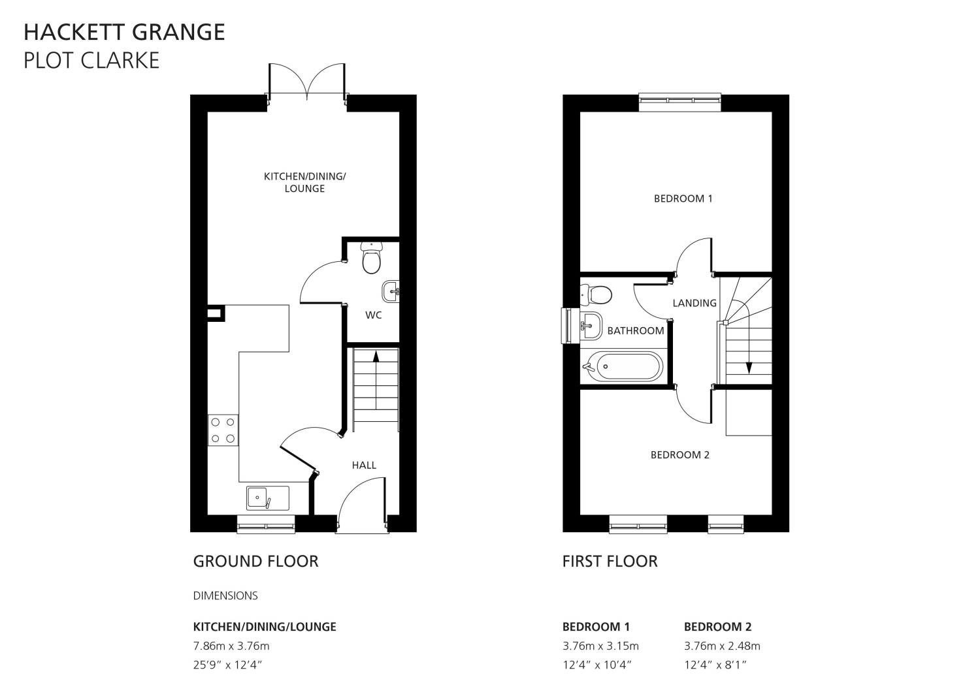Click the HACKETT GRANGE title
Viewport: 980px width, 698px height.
click(124, 33)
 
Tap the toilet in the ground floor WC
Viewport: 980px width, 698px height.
click(372, 258)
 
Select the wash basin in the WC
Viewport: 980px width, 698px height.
click(390, 292)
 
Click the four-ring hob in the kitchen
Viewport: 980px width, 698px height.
click(223, 430)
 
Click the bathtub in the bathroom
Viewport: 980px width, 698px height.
click(623, 366)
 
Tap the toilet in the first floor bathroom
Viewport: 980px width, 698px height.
click(595, 294)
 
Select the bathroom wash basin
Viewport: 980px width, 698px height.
click(591, 326)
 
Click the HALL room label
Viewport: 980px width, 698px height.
click(364, 466)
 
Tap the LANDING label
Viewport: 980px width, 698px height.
click(694, 303)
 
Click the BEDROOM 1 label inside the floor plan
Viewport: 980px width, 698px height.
click(683, 198)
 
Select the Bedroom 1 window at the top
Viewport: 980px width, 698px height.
click(680, 103)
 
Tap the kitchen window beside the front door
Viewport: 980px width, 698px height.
click(266, 524)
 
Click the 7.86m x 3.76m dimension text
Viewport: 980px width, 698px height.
click(231, 646)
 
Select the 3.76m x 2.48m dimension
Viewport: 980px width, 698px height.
click(722, 646)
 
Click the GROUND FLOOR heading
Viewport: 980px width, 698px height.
click(255, 561)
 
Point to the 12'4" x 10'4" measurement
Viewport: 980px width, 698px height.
click(596, 665)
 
